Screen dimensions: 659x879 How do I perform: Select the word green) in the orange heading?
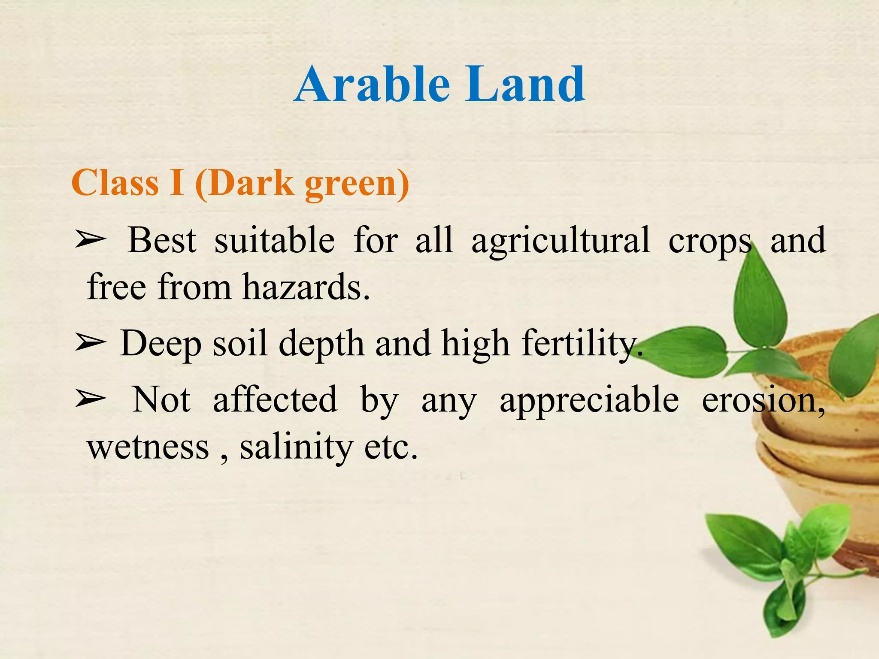pos(356,184)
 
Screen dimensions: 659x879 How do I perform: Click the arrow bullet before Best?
pos(90,240)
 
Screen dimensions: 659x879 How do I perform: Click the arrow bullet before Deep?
pos(90,343)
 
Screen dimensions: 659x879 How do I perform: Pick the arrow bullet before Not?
pos(90,399)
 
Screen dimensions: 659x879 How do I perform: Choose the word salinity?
pos(296,447)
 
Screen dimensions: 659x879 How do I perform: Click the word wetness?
pos(148,447)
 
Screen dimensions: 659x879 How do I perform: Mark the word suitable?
pos(275,240)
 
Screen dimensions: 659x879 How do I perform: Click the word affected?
pos(275,399)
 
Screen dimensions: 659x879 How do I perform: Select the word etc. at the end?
pos(391,447)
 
